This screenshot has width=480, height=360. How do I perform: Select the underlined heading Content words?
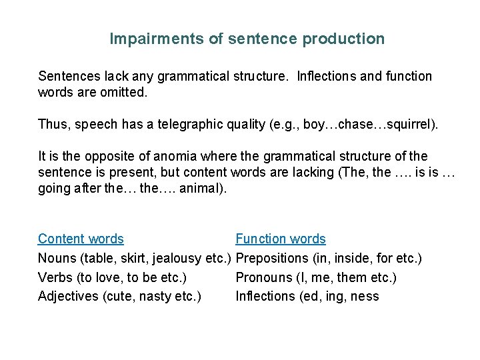pyautogui.click(x=81, y=239)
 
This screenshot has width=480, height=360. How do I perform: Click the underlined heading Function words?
pyautogui.click(x=281, y=239)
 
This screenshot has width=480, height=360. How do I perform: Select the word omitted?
pyautogui.click(x=123, y=92)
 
